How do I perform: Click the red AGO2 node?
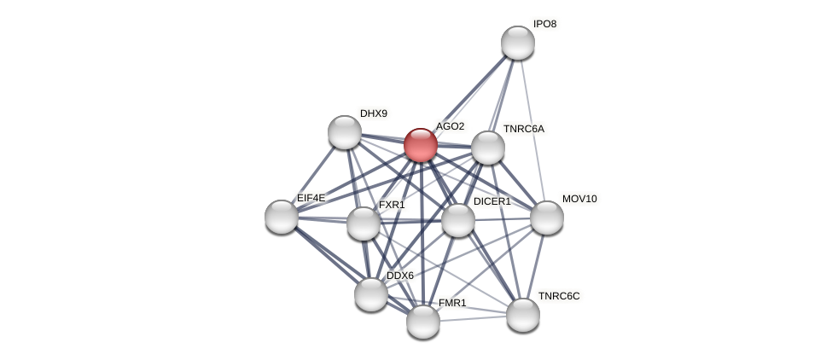point(421,145)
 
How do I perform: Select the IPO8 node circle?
point(518,43)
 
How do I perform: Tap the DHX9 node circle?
point(345,132)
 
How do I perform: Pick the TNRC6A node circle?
point(488,148)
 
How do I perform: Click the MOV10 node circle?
point(547,218)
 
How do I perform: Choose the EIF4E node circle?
point(282,217)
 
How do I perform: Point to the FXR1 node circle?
point(364,224)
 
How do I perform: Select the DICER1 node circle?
point(458,220)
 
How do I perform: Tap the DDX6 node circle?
point(371,294)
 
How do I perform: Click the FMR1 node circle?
point(423,322)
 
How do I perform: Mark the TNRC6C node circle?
point(523,315)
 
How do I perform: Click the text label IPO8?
point(544,24)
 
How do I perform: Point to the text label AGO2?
point(450,126)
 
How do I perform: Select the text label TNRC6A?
point(523,129)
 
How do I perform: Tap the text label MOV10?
point(579,199)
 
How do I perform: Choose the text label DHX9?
point(373,113)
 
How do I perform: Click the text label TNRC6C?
point(559,296)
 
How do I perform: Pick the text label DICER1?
point(492,201)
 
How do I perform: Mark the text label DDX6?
point(399,276)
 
